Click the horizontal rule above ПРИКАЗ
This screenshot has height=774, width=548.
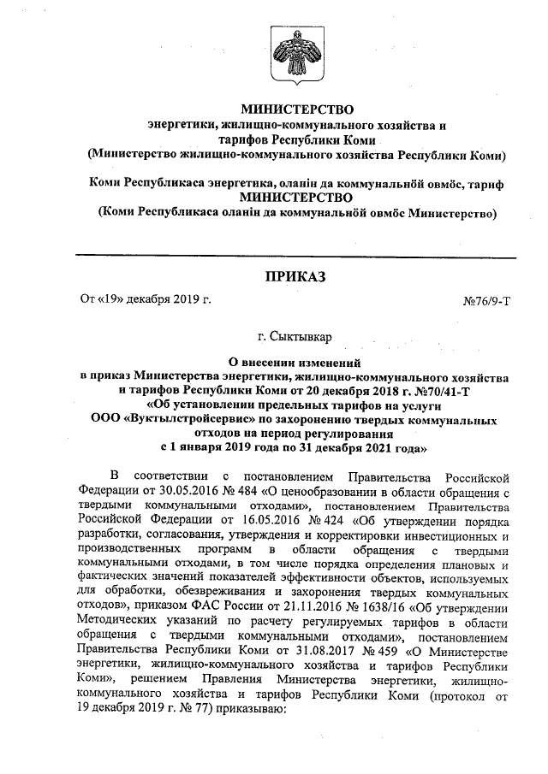[295, 257]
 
